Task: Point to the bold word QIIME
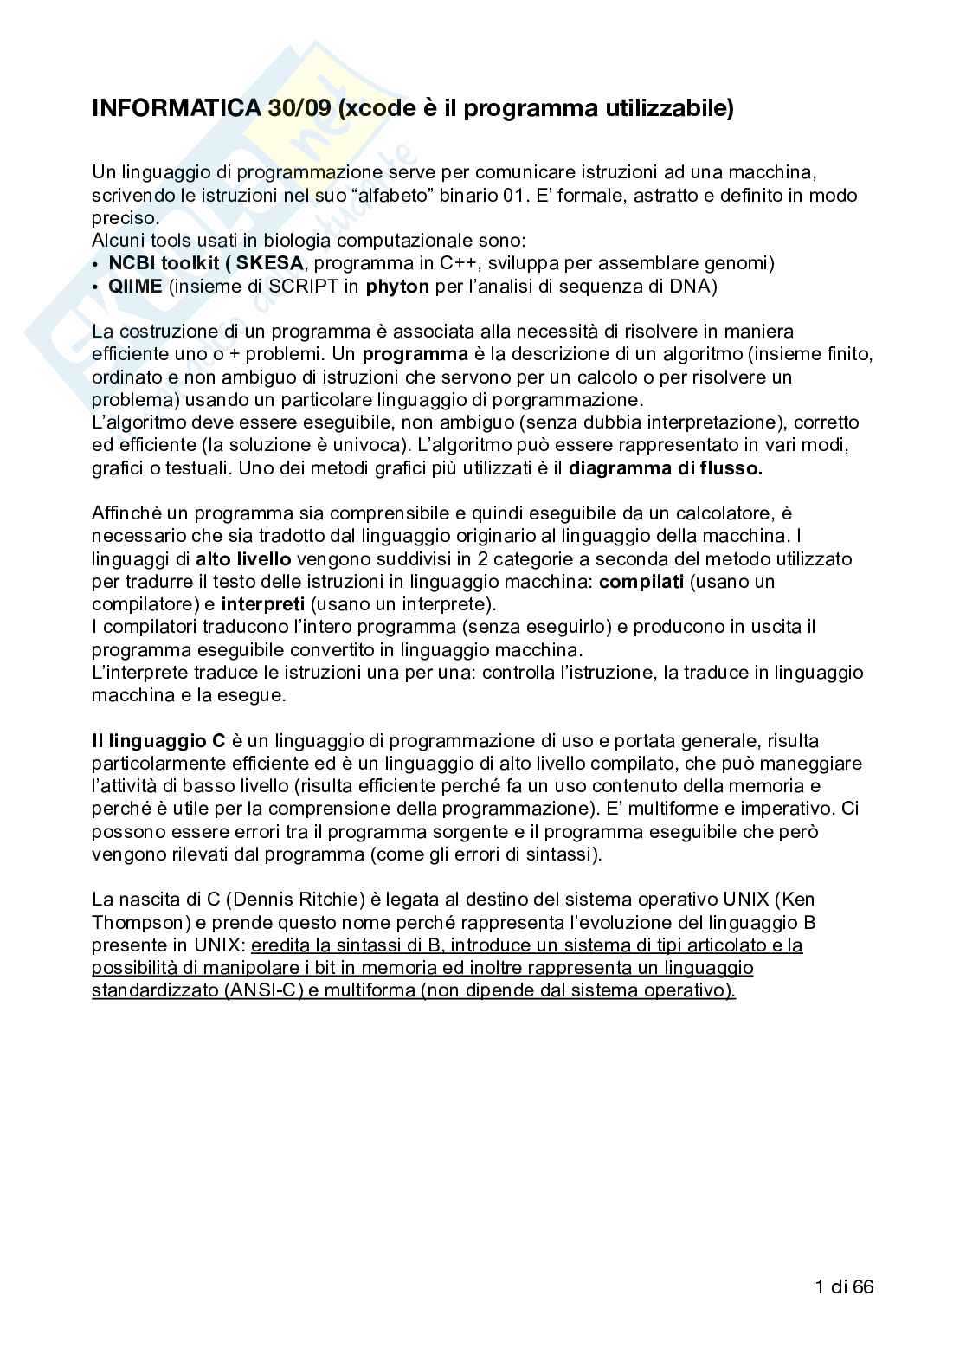[135, 287]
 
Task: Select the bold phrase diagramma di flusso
[666, 468]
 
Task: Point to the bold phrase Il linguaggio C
[158, 741]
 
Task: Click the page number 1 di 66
[844, 1286]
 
